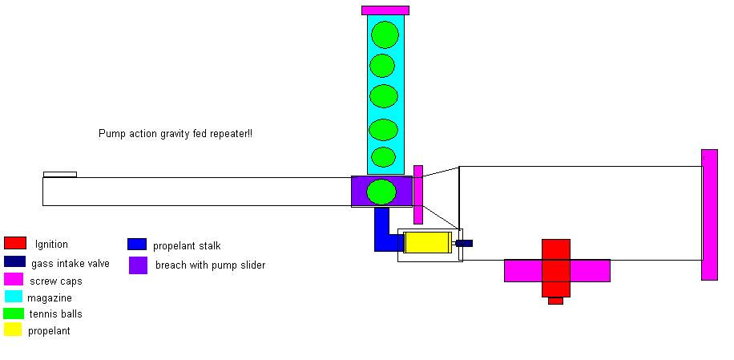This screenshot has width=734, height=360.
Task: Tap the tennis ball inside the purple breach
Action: pos(381,192)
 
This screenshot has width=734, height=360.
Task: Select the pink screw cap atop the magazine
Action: pos(385,10)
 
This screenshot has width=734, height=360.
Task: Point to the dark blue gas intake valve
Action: pos(464,243)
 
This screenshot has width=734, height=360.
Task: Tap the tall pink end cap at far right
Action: pos(709,214)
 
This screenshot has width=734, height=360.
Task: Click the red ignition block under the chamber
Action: pos(555,268)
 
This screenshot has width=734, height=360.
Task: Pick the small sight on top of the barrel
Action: pos(60,174)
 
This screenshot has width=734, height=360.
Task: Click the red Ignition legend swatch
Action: pos(15,243)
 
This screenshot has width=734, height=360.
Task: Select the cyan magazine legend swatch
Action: pos(13,297)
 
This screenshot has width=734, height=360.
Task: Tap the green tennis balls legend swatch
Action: pos(13,313)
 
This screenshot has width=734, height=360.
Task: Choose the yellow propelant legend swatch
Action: pos(13,330)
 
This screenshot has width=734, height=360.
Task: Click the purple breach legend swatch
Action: pos(138,265)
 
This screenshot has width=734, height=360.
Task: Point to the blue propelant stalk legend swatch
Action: pos(137,245)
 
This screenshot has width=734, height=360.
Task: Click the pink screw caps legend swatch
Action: pos(13,279)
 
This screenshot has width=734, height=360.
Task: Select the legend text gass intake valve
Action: pos(71,263)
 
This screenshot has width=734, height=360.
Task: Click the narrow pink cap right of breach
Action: pos(418,194)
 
